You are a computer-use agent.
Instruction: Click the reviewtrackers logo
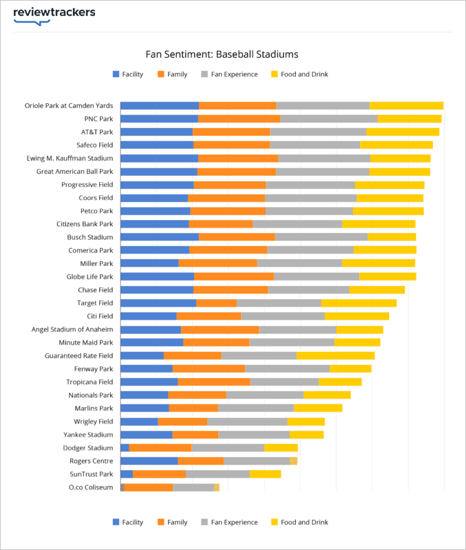[x=54, y=14]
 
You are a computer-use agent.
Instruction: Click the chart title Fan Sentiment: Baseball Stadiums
[x=222, y=54]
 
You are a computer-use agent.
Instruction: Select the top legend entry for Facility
[x=128, y=74]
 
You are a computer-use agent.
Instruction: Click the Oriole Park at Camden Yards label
[x=69, y=106]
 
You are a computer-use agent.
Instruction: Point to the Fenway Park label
[x=94, y=368]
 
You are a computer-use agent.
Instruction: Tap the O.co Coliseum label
[x=91, y=487]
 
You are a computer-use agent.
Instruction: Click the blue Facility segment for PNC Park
[x=159, y=119]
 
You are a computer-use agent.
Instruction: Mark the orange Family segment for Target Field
[x=216, y=303]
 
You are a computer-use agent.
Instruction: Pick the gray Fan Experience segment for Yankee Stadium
[x=253, y=434]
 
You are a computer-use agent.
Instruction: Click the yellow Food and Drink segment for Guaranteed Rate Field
[x=335, y=355]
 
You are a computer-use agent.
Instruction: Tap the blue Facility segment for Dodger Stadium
[x=125, y=448]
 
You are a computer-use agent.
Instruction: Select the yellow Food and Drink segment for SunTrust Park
[x=265, y=474]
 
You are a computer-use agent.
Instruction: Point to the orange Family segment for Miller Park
[x=218, y=263]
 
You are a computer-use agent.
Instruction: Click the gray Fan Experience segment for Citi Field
[x=282, y=316]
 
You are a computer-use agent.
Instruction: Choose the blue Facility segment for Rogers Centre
[x=149, y=461]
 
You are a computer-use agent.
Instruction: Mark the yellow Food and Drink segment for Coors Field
[x=390, y=198]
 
